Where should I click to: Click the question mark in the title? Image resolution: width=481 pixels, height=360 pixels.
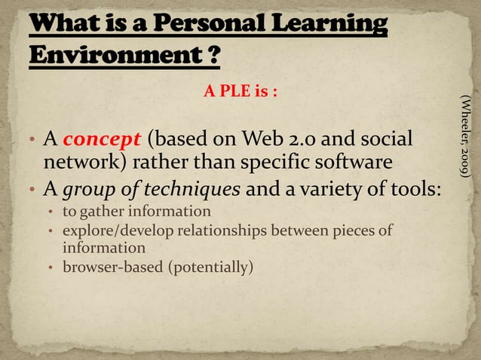(214, 56)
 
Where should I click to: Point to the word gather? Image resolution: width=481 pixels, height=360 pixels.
(102, 211)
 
